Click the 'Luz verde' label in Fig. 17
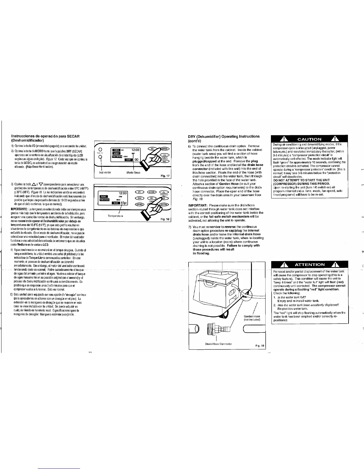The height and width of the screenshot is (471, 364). (x=105, y=172)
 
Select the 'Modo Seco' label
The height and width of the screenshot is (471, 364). (x=133, y=172)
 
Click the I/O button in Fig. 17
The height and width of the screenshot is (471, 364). (x=151, y=148)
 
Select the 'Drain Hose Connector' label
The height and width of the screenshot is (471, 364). (x=219, y=344)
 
